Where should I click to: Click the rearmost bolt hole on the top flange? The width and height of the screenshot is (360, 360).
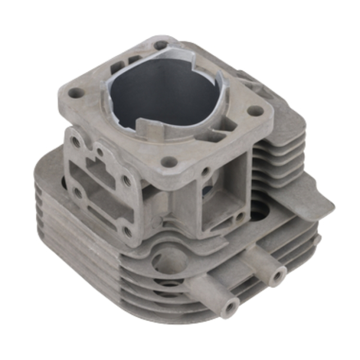(x=161, y=45)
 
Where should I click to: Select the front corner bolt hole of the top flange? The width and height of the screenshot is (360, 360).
(x=166, y=163)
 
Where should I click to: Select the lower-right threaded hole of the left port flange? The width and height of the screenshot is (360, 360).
(x=128, y=230)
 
